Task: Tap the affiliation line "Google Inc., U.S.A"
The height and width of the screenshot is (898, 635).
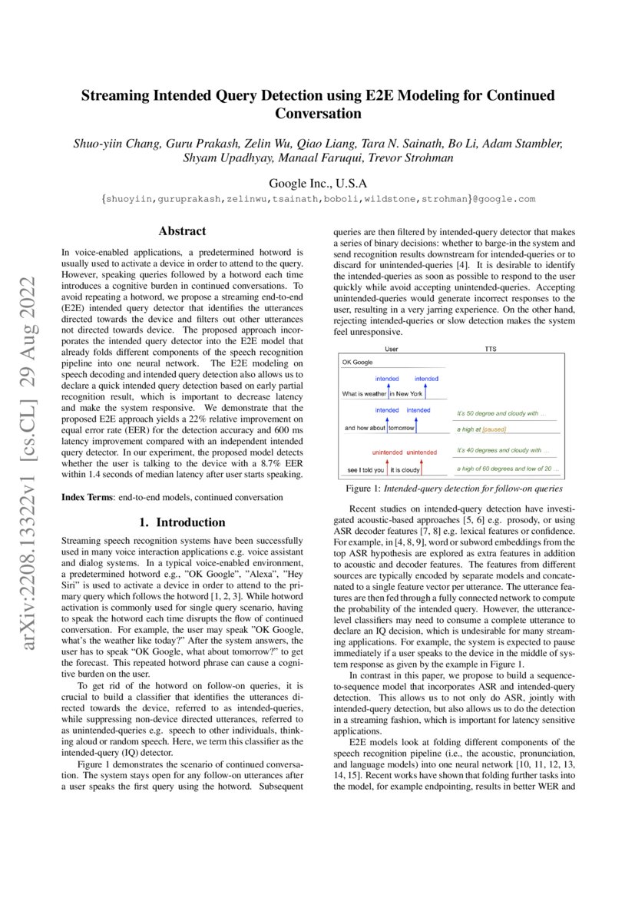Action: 317,184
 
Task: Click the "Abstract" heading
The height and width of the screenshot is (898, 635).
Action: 182,230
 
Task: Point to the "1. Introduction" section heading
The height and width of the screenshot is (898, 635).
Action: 182,522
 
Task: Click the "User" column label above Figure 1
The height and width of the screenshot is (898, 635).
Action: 391,349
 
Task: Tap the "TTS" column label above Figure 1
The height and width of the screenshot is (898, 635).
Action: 490,349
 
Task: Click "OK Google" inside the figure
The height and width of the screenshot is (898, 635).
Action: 358,362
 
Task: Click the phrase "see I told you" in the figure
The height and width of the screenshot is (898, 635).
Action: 365,469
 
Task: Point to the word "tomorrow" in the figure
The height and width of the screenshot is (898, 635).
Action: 405,429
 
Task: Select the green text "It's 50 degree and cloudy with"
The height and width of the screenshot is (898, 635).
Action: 500,413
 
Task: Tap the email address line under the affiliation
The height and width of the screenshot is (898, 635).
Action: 317,199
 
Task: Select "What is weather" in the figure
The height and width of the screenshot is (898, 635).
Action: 364,394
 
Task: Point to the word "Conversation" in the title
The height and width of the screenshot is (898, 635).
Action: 317,114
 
